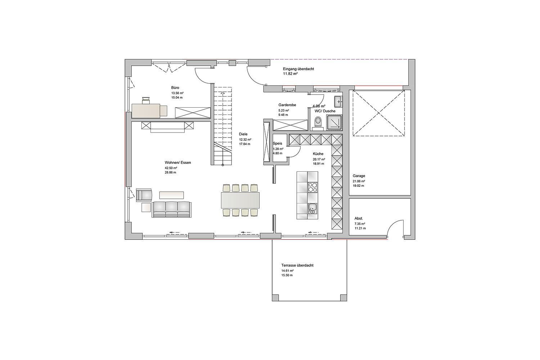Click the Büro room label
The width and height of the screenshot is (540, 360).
point(175,88)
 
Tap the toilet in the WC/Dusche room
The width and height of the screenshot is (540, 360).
point(318,122)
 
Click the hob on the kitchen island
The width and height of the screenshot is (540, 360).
point(313,187)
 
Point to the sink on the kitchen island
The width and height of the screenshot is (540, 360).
point(313,208)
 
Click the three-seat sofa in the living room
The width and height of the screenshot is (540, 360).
point(171,210)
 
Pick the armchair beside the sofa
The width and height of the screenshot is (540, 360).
point(144,195)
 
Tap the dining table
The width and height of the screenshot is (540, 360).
point(240,200)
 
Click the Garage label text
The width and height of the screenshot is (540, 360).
point(359,176)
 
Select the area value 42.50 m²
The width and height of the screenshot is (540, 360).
point(171,168)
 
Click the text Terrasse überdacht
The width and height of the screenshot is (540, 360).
point(297,265)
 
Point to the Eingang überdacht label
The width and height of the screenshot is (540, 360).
point(298,69)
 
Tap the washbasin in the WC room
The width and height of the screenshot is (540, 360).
point(338,102)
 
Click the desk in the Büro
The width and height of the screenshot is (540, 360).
point(146,111)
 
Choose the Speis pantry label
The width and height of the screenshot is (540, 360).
point(278,144)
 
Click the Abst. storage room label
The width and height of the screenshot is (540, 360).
point(359,219)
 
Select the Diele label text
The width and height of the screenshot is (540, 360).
point(243,134)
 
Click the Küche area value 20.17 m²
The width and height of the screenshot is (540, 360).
point(319,159)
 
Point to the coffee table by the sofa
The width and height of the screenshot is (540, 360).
point(171,195)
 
